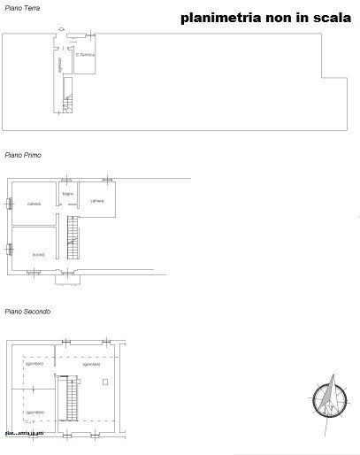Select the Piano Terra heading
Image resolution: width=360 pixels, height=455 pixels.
pyautogui.click(x=19, y=7)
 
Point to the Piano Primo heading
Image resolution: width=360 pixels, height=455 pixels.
pyautogui.click(x=20, y=155)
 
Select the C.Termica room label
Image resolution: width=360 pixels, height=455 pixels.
pyautogui.click(x=86, y=55)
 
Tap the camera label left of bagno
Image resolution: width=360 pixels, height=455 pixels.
pyautogui.click(x=34, y=204)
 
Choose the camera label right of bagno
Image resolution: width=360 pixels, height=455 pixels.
pyautogui.click(x=97, y=201)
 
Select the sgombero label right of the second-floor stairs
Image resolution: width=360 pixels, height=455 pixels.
pyautogui.click(x=91, y=364)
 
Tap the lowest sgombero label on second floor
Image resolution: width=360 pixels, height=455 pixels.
pyautogui.click(x=34, y=413)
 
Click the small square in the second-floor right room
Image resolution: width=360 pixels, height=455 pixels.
pyautogui.click(x=105, y=382)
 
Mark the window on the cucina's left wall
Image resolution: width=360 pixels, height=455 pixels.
pyautogui.click(x=10, y=249)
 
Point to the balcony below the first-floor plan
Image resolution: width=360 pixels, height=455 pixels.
pyautogui.click(x=67, y=279)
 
